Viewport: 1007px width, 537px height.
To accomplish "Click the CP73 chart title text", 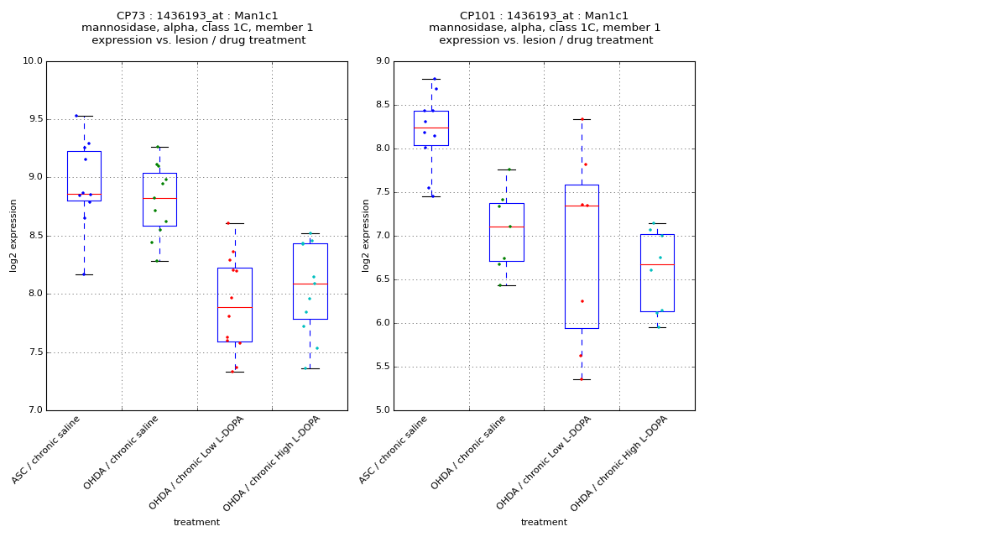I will click(197, 28).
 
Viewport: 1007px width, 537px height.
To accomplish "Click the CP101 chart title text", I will click(545, 28).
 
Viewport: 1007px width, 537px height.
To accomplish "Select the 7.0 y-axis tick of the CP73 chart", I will click(34, 410).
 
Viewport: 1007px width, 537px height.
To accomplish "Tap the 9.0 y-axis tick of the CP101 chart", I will click(382, 61).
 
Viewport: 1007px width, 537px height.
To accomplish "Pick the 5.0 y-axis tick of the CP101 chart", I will click(382, 410).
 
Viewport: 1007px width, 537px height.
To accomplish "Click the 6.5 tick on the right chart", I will click(382, 279).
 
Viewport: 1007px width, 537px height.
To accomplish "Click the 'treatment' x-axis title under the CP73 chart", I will click(196, 522).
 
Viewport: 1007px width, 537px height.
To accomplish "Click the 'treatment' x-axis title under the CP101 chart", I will click(544, 522).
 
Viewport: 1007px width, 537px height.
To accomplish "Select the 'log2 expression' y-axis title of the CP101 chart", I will click(366, 235).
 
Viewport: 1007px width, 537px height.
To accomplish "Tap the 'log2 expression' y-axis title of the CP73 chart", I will click(13, 235).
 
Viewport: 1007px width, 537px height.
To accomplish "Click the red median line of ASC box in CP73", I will click(84, 195).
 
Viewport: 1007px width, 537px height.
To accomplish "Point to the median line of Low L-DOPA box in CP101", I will click(582, 206).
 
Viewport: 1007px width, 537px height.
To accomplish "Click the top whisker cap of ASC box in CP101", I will click(430, 79).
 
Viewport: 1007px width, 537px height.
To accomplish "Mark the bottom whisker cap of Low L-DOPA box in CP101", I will click(582, 379).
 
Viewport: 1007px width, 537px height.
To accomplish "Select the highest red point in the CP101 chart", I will click(582, 119).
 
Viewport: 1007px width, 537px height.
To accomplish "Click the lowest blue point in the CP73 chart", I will click(83, 274).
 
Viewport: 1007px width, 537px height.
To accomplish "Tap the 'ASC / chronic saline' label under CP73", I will click(47, 449).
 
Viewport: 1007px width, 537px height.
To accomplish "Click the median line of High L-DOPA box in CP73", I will click(310, 284).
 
